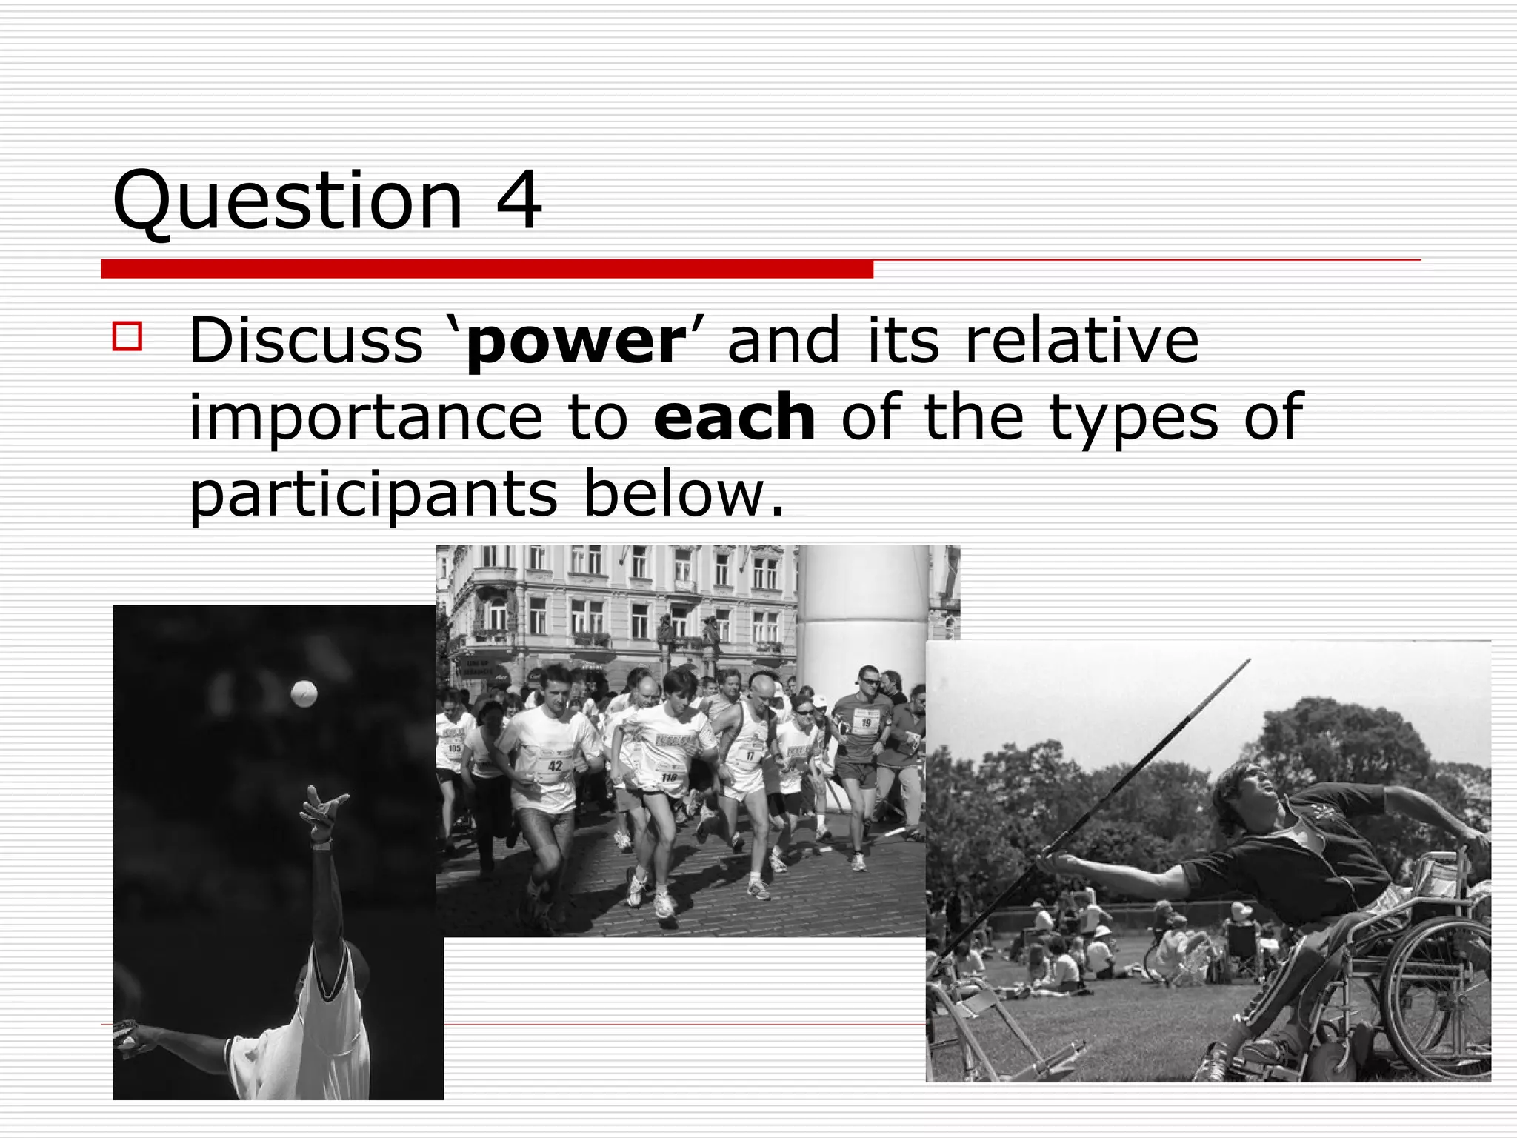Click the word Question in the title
click(287, 202)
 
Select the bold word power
click(573, 342)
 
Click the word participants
click(373, 496)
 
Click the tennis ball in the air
click(304, 693)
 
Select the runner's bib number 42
click(555, 765)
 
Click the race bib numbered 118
click(669, 776)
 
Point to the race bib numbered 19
click(865, 722)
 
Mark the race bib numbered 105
click(454, 748)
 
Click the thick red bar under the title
click(487, 269)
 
